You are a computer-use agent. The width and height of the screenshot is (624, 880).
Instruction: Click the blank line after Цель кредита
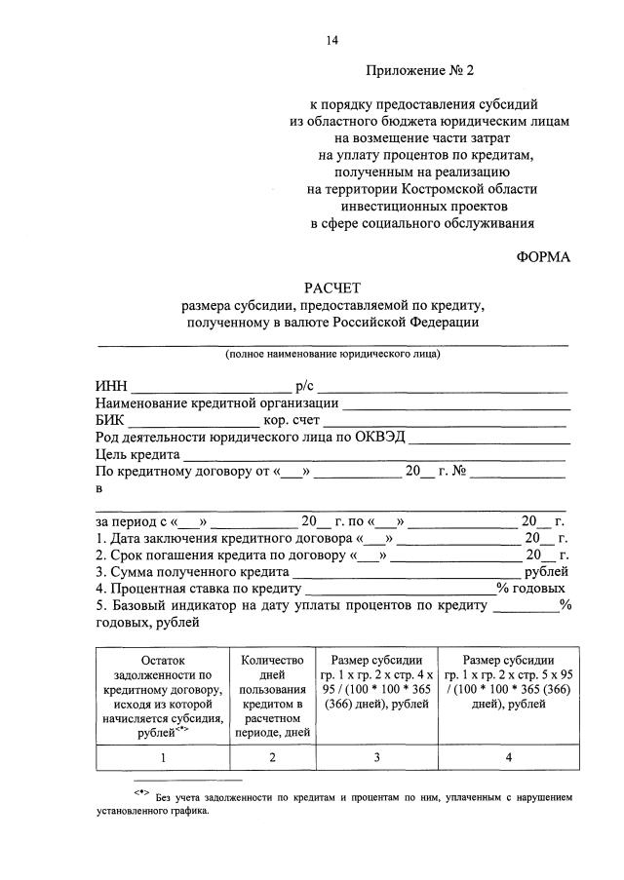point(375,455)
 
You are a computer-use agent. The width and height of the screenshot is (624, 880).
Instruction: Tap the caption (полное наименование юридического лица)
point(331,354)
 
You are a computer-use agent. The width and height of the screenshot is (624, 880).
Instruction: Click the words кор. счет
point(296,420)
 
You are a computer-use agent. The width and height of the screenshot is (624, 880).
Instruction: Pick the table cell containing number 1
point(162,757)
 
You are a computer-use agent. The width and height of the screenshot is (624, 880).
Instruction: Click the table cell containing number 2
point(273,757)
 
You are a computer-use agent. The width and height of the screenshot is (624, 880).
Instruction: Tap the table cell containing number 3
point(377,757)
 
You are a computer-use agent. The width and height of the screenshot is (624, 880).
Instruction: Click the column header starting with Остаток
point(162,694)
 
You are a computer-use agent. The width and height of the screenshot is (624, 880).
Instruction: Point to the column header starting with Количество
point(273,694)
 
